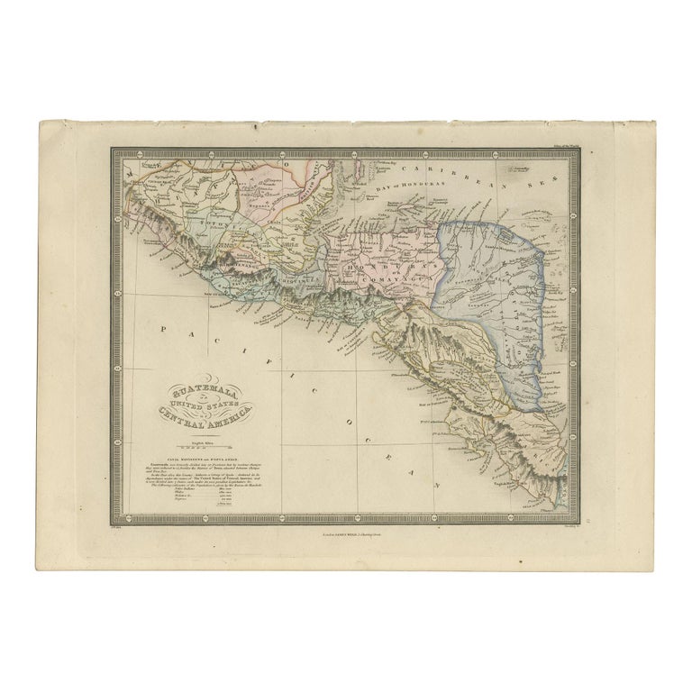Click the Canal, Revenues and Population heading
point(201,454)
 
